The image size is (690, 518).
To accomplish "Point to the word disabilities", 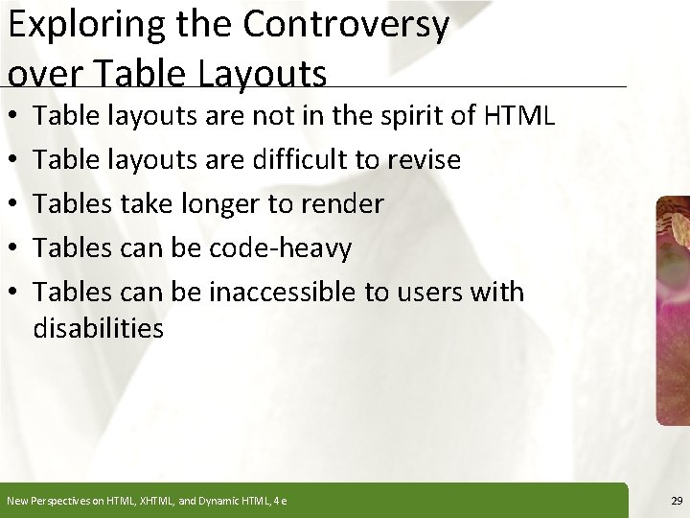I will pyautogui.click(x=98, y=328).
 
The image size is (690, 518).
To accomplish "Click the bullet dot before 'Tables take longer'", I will pyautogui.click(x=11, y=204).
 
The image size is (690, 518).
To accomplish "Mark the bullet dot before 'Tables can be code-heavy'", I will pyautogui.click(x=11, y=247).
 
